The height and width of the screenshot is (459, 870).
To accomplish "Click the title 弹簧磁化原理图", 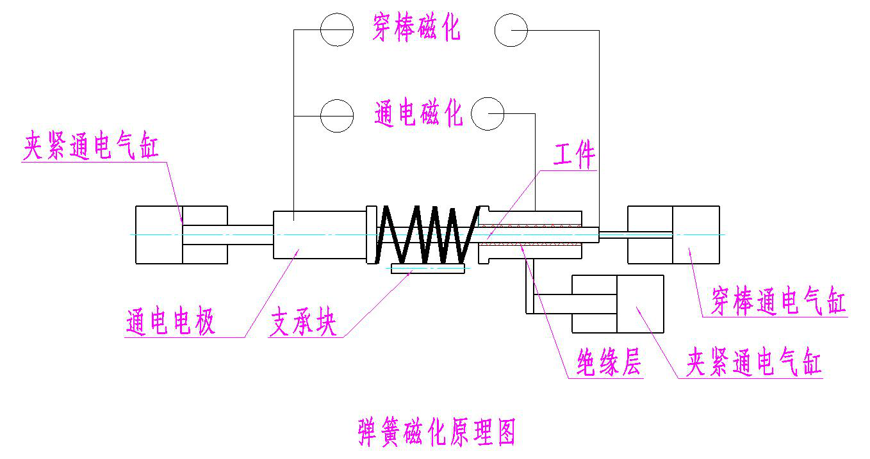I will point(436,433).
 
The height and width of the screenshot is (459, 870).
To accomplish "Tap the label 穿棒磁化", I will point(416,29).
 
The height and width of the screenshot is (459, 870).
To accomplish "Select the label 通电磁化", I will point(418,114).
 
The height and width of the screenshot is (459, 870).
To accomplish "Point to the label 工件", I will point(574,156).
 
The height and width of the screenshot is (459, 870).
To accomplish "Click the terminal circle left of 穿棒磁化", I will point(337,29).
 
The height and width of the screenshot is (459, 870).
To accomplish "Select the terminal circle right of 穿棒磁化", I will point(511,29).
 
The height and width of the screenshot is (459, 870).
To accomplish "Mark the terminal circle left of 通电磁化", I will point(337,115).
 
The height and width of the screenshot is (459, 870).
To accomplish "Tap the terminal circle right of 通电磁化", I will point(488,114).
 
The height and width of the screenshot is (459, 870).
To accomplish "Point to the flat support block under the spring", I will point(427,270).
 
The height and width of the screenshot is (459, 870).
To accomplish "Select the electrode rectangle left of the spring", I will point(319,234).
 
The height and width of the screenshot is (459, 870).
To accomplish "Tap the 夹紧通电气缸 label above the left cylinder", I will point(91,147).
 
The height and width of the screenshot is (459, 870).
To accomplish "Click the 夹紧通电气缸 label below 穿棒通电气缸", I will point(753,364).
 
